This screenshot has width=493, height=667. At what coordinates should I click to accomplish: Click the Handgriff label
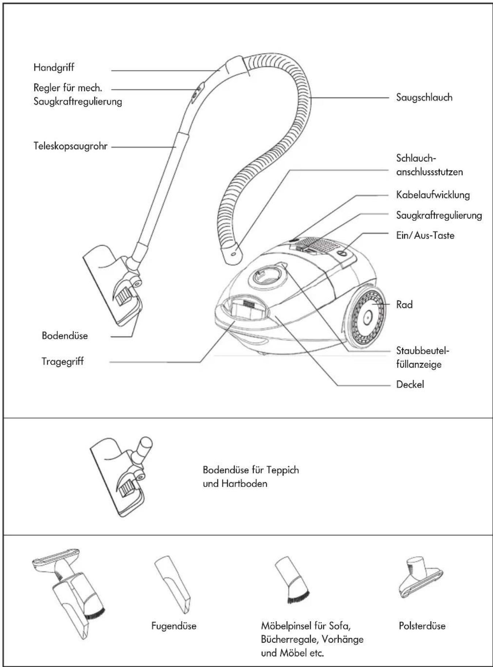[54, 68]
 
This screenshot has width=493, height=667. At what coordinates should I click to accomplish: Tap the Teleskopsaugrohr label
[71, 146]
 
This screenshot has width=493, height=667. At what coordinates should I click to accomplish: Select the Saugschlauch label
[424, 98]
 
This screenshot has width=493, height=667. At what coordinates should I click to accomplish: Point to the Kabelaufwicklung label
[433, 195]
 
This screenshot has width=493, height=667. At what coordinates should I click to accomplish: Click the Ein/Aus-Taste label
[425, 235]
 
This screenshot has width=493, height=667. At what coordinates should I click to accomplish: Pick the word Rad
[404, 305]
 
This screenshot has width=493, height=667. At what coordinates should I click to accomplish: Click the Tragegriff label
[63, 361]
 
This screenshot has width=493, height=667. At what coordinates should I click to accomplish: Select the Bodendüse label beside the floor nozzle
[65, 336]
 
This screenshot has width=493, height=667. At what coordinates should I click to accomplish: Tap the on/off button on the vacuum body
[343, 254]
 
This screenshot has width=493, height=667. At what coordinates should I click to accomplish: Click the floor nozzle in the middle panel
[121, 476]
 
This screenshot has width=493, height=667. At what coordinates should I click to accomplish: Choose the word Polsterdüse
[422, 626]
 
